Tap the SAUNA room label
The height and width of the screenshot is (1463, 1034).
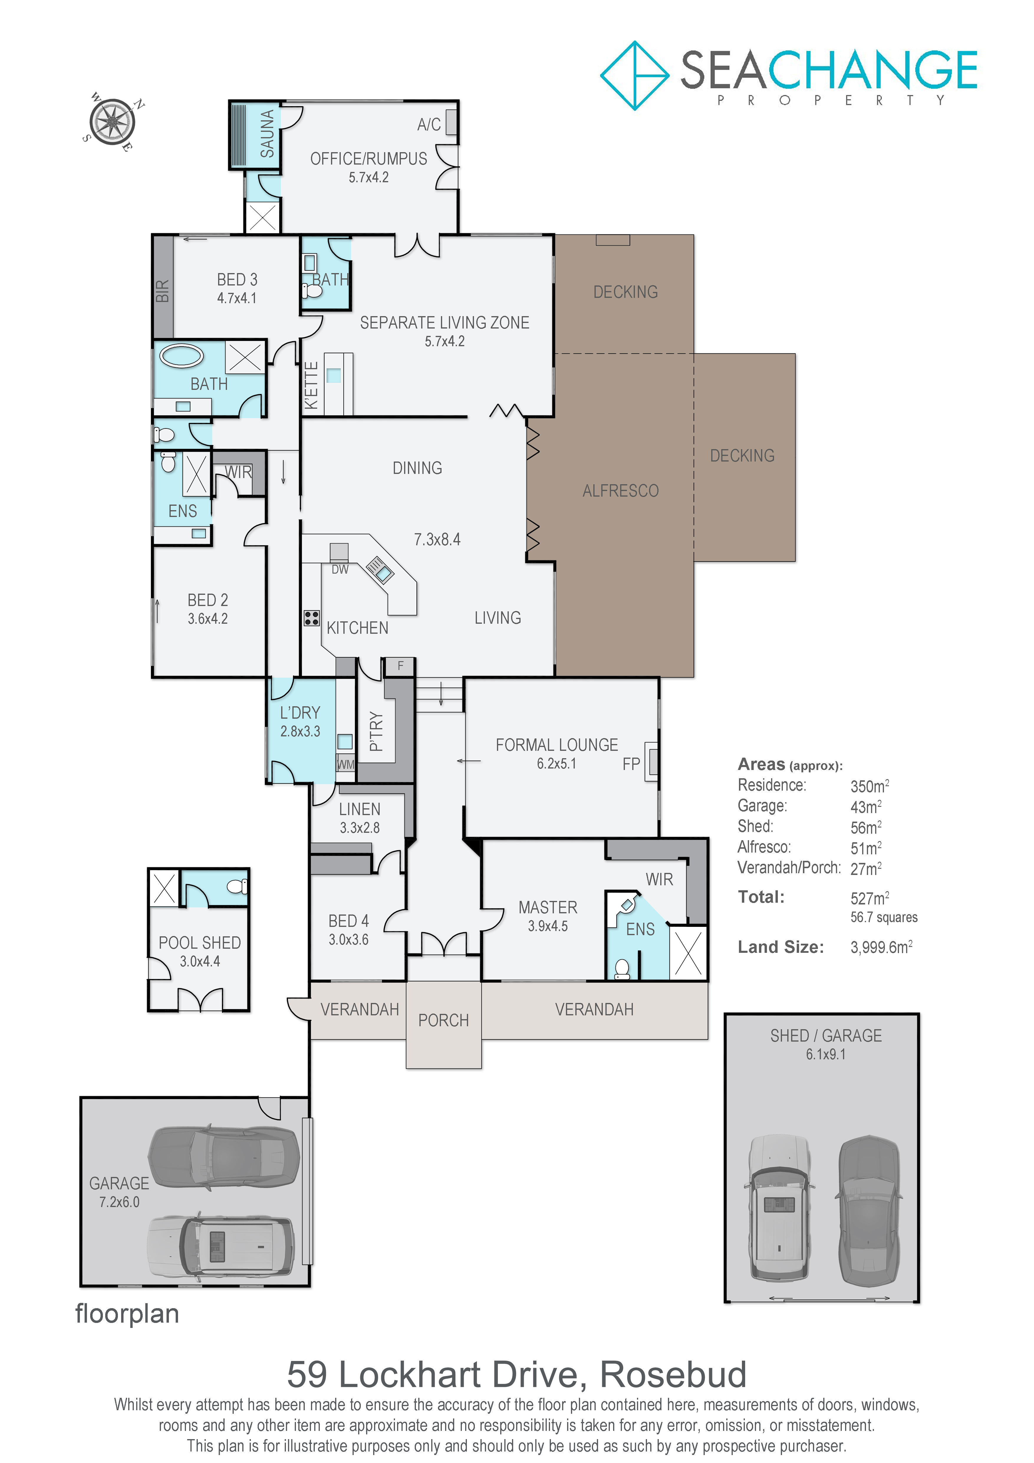(267, 134)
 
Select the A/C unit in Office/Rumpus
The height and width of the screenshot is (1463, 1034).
(452, 122)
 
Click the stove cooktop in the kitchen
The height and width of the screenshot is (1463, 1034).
(311, 618)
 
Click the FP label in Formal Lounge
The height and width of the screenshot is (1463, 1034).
(631, 764)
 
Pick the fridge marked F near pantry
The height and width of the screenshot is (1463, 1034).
(401, 666)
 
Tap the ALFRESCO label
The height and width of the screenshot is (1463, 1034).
(621, 491)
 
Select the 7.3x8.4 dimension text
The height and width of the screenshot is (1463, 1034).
(437, 540)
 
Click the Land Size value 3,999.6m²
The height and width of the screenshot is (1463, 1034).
(881, 947)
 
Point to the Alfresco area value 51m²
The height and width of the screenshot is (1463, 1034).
(866, 848)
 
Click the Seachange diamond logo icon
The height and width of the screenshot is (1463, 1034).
(635, 76)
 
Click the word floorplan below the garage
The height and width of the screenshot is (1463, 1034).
(127, 1314)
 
